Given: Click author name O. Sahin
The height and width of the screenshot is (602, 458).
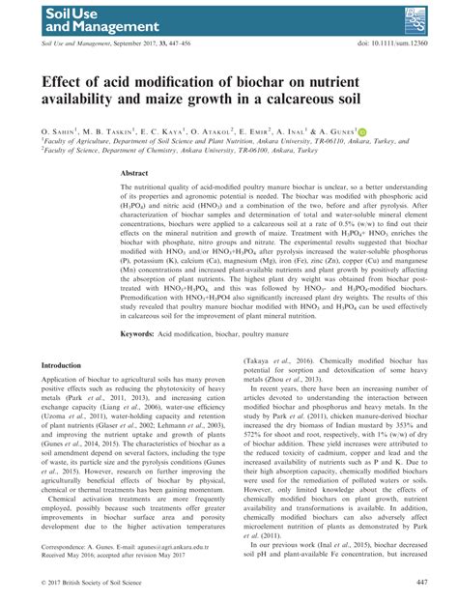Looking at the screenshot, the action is (x=62, y=129).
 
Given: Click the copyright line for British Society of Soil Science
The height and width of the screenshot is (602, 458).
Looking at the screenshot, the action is (x=97, y=582).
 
